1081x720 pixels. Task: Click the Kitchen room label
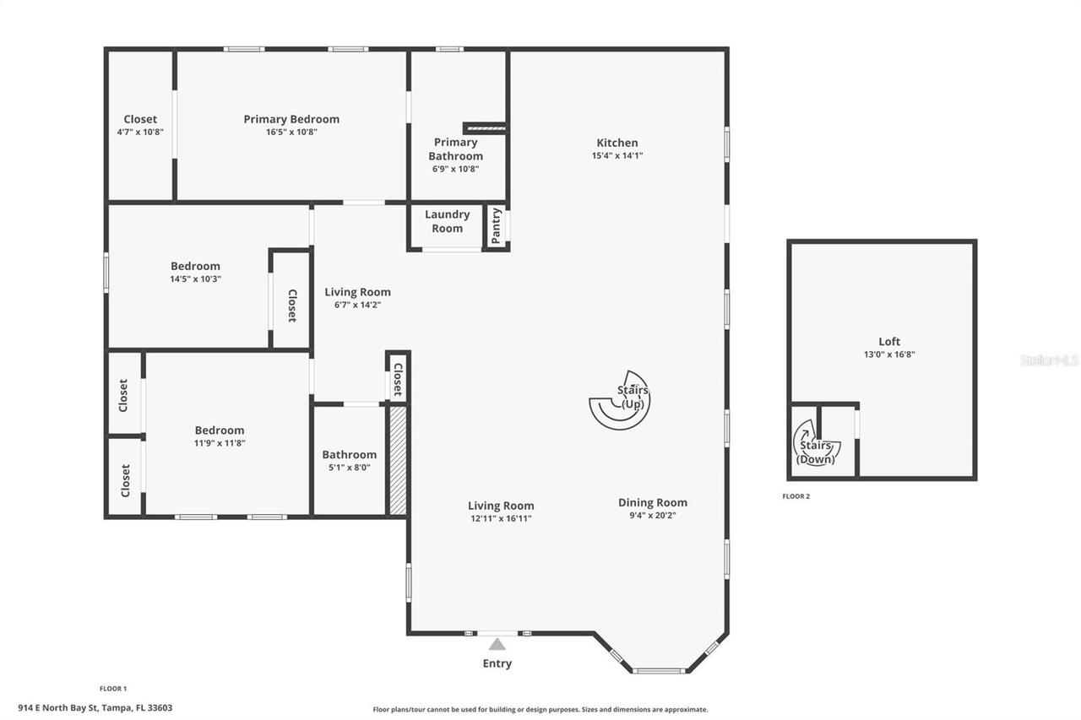coord(617,143)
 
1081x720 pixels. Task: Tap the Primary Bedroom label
coord(291,119)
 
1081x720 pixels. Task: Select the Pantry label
coord(496,226)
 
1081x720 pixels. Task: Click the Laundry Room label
coord(447,221)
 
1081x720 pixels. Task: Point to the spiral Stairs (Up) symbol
coord(621,400)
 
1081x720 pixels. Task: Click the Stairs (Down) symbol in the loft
coord(814,444)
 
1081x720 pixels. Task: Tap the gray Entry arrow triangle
coord(497,644)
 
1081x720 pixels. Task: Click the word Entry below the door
coord(497,663)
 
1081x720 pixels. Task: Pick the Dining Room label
coord(653,502)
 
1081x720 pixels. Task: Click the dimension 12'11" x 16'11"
coord(501,518)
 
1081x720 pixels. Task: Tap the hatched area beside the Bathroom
coord(398,459)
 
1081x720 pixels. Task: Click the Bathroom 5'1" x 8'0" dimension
coord(349,467)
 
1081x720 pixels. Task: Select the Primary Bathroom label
coord(455,149)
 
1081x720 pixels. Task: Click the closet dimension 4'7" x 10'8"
coord(140,132)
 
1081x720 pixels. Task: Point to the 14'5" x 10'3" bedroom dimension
coord(195,279)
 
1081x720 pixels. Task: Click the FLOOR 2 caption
coord(796,496)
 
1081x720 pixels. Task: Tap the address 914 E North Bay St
coord(136,708)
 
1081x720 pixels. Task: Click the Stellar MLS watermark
coord(1049,360)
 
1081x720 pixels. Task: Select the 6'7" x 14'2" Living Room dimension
coord(357,305)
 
